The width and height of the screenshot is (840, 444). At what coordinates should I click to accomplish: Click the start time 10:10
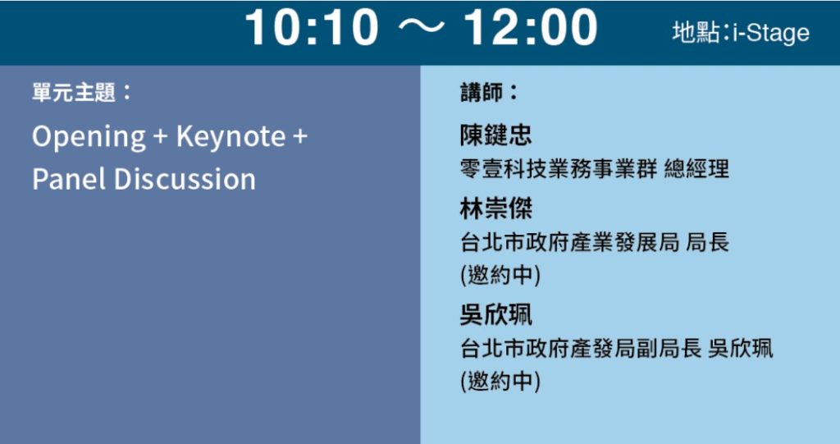pyautogui.click(x=312, y=27)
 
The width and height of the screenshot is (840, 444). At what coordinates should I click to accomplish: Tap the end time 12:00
pyautogui.click(x=530, y=27)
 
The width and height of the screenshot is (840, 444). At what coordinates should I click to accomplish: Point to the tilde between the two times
pyautogui.click(x=421, y=28)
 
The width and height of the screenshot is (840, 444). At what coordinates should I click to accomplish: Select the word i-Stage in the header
pyautogui.click(x=771, y=34)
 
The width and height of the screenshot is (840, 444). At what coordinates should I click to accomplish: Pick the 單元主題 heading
pyautogui.click(x=73, y=92)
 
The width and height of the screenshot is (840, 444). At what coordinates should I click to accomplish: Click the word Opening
pyautogui.click(x=89, y=137)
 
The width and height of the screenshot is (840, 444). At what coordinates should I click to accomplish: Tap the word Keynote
pyautogui.click(x=231, y=136)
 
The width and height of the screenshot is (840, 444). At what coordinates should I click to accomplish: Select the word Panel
pyautogui.click(x=69, y=179)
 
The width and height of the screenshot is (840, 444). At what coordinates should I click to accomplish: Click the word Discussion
pyautogui.click(x=185, y=179)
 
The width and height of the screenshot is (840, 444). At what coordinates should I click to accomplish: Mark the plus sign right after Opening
pyautogui.click(x=160, y=137)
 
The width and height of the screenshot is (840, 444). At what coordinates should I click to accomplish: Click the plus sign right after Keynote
pyautogui.click(x=300, y=137)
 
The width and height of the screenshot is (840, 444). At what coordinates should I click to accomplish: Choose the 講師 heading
pyautogui.click(x=481, y=92)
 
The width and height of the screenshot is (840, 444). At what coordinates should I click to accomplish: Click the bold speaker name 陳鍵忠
pyautogui.click(x=496, y=135)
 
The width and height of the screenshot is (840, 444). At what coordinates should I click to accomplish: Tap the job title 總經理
pyautogui.click(x=696, y=169)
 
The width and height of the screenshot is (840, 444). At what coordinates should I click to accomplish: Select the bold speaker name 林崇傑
pyautogui.click(x=496, y=208)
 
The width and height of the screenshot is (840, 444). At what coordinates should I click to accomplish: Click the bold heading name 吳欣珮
pyautogui.click(x=496, y=314)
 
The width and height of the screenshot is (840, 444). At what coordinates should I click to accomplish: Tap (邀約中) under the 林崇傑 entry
pyautogui.click(x=500, y=275)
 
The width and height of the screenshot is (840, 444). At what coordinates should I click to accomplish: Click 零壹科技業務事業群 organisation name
pyautogui.click(x=559, y=169)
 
